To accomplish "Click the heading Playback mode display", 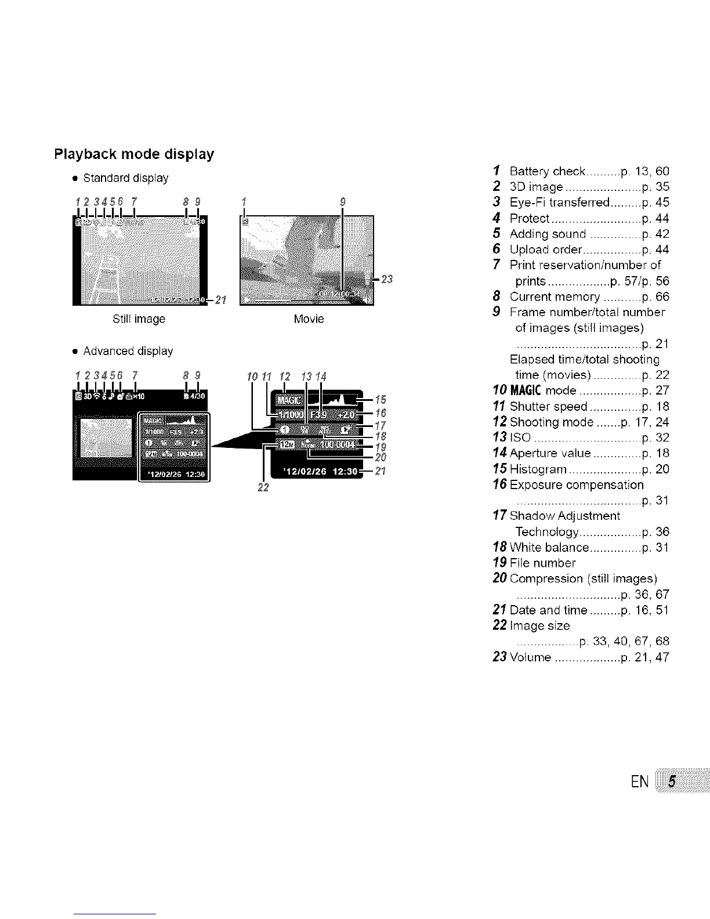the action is (134, 154).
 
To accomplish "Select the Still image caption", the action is (139, 319).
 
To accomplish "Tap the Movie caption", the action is (309, 319).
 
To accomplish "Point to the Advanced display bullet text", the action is (128, 351).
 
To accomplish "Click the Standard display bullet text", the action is (125, 178).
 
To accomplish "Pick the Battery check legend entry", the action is (547, 171).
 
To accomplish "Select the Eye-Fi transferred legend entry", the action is (559, 202).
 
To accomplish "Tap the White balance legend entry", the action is (549, 547).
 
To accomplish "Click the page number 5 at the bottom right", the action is (671, 781).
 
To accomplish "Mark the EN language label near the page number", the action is (640, 781).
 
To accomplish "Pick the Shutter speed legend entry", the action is (548, 406).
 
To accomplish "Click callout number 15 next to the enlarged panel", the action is (381, 400).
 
